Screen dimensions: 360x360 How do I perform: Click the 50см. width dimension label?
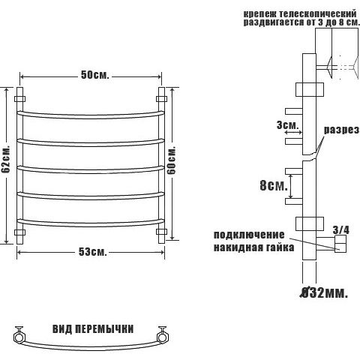95,75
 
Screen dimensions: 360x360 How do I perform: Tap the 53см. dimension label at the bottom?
93,252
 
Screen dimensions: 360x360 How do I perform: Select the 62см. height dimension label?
5,158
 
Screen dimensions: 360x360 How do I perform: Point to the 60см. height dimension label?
172,160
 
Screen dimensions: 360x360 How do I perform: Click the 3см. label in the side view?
288,125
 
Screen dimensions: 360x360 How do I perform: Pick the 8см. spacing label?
274,185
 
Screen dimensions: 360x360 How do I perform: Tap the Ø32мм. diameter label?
324,292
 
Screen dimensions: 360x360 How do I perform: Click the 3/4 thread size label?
341,229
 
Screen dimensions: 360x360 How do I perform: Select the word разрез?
342,130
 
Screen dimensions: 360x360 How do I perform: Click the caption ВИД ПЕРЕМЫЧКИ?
93,329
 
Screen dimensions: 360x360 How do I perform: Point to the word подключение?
249,235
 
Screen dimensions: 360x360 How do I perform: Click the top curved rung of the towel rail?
91,115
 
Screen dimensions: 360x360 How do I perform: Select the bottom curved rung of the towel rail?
91,223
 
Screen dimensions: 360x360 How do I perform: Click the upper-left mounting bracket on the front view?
20,99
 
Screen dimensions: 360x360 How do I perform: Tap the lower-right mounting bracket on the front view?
161,232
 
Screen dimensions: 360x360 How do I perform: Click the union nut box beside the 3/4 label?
340,244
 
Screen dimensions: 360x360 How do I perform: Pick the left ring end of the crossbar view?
19,336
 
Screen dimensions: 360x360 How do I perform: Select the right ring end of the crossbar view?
163,336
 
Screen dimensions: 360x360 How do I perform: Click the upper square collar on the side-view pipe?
310,89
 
